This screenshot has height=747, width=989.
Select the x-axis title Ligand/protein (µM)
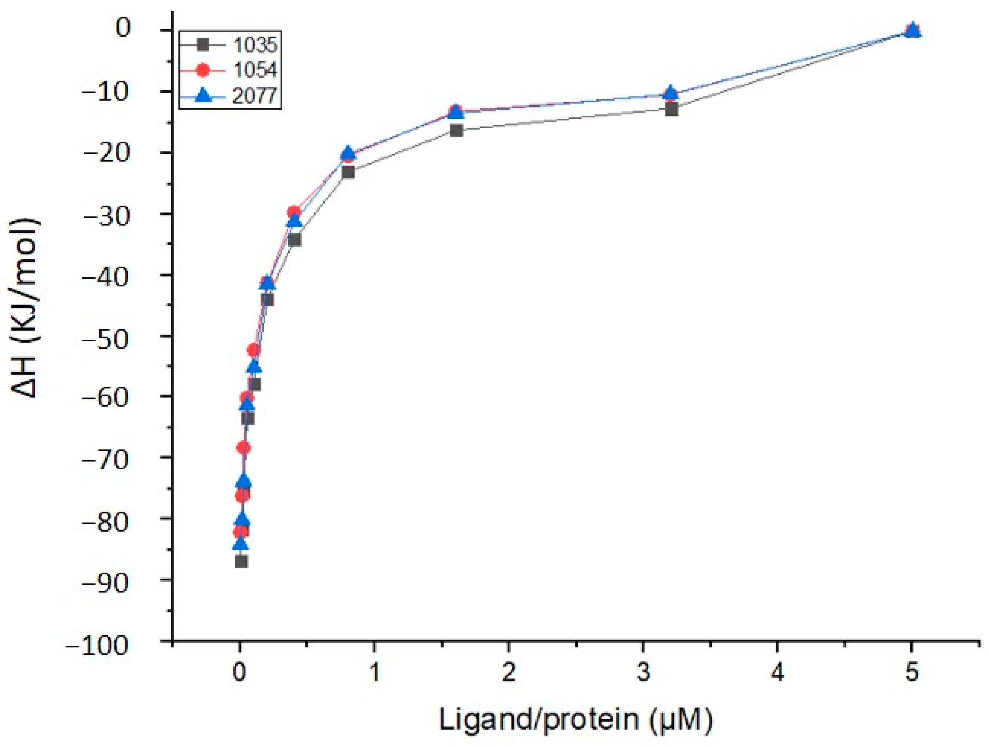(576, 719)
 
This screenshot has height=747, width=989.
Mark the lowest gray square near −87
(241, 561)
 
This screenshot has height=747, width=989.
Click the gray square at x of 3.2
(671, 109)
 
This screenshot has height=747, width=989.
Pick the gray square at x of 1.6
(456, 130)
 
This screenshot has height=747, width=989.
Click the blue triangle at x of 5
(913, 30)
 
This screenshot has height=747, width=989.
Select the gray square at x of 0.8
(348, 172)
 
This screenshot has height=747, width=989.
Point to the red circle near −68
(243, 448)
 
